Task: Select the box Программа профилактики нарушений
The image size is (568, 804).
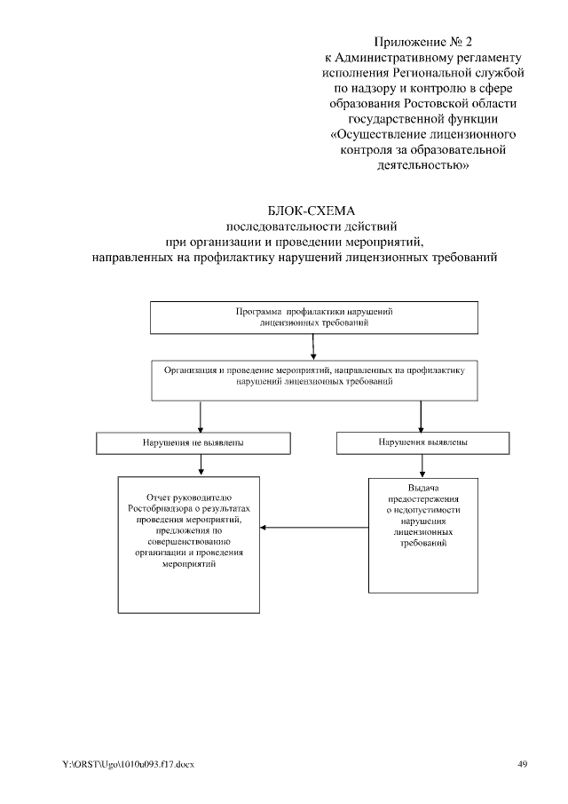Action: click(x=314, y=319)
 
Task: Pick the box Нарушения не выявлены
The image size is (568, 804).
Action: click(x=193, y=442)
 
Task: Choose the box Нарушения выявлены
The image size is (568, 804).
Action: click(x=422, y=442)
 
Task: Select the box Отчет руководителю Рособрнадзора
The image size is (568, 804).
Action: click(x=192, y=544)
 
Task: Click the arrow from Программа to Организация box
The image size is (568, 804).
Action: click(x=313, y=348)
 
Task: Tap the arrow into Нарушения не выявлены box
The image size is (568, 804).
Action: click(x=202, y=417)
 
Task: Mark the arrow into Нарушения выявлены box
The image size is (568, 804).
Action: click(x=421, y=416)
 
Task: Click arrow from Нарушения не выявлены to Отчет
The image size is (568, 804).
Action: click(x=202, y=465)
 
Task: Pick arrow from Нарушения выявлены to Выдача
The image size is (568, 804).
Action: click(x=422, y=466)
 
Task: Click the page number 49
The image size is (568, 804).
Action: click(x=522, y=764)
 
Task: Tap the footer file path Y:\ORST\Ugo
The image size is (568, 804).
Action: click(x=129, y=764)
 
